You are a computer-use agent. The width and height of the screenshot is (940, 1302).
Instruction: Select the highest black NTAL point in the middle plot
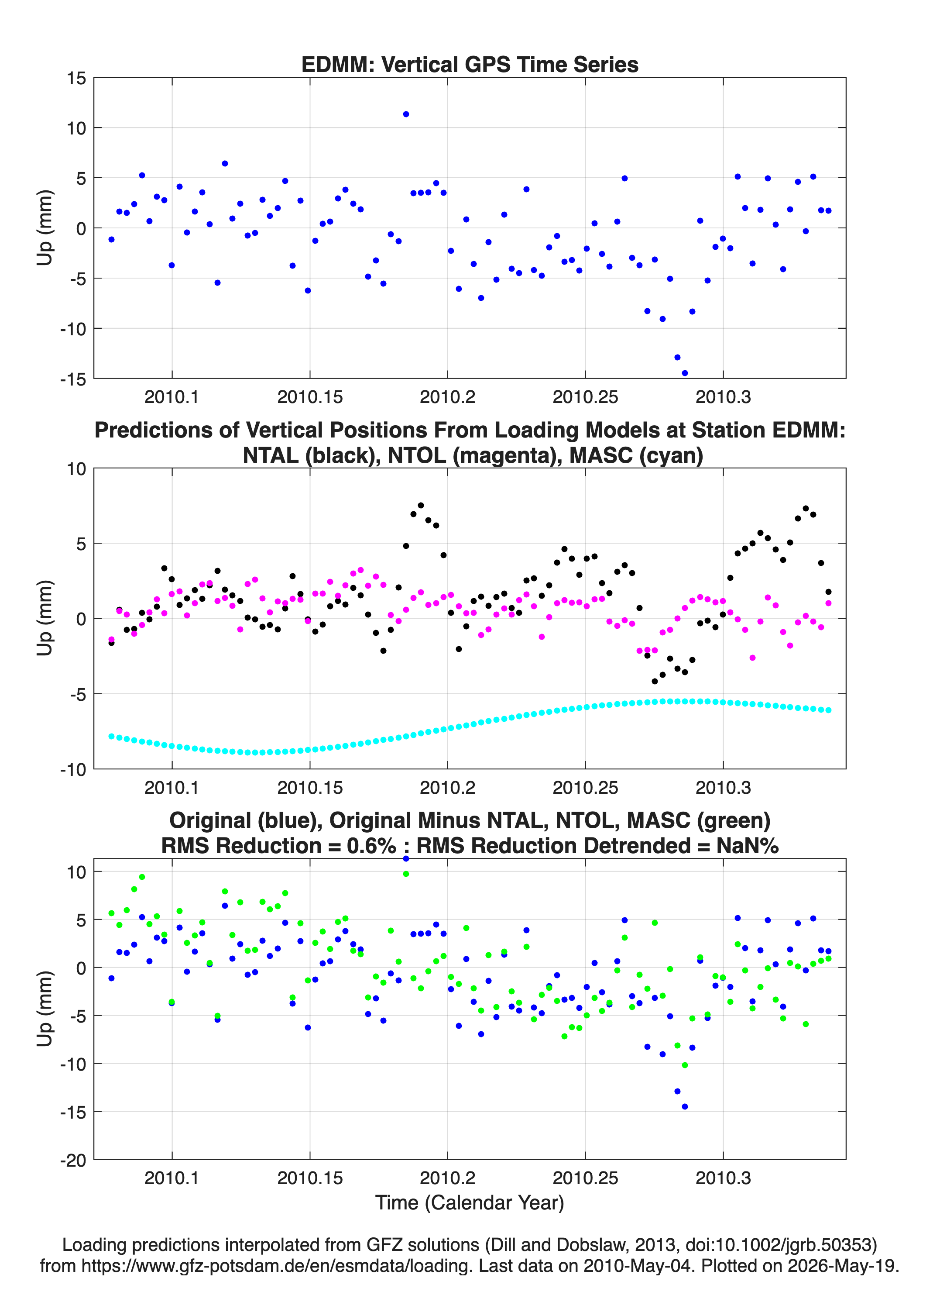point(421,506)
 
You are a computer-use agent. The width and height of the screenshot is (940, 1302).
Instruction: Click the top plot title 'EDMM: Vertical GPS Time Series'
point(470,64)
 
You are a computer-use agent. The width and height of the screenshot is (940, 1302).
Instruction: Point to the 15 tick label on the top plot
point(76,78)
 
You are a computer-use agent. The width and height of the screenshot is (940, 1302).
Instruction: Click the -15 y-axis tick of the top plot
point(73,379)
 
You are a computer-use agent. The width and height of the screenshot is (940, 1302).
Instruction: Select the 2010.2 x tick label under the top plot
point(448,397)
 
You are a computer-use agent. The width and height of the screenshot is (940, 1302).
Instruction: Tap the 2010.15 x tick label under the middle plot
point(310,788)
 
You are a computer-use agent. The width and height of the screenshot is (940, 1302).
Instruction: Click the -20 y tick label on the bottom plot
point(73,1160)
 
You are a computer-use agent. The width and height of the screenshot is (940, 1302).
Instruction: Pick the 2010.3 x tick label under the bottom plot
point(723,1178)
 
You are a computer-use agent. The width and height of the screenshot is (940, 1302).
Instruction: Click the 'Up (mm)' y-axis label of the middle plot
point(45,618)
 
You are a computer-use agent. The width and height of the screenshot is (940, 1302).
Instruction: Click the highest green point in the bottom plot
point(406,874)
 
